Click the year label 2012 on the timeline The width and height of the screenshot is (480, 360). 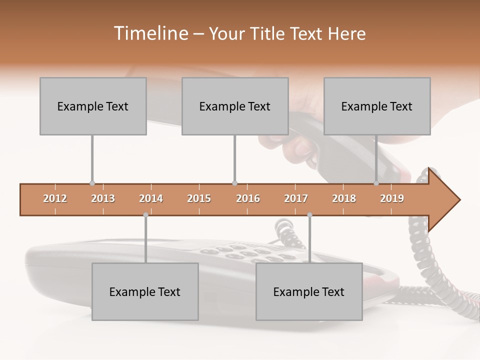(55, 198)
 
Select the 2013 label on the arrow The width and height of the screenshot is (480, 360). (103, 198)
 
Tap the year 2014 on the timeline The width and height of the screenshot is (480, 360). (151, 198)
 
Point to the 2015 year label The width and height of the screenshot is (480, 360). (199, 198)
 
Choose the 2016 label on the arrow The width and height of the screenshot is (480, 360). (248, 198)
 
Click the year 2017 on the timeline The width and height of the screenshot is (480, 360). (296, 198)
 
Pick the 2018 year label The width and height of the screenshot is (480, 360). (344, 198)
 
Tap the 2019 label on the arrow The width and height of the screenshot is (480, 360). (392, 198)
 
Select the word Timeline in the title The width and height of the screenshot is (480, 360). (150, 33)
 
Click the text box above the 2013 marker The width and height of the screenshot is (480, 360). (93, 106)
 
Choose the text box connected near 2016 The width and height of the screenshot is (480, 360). (235, 106)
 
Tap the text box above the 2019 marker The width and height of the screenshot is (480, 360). (377, 106)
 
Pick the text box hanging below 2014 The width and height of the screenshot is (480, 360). (145, 291)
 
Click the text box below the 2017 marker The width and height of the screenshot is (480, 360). (309, 291)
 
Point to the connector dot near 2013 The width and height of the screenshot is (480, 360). (92, 183)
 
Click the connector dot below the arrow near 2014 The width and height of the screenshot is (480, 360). (145, 215)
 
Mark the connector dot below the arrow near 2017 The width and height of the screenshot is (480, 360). (309, 215)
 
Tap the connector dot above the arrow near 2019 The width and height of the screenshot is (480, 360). (376, 183)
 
